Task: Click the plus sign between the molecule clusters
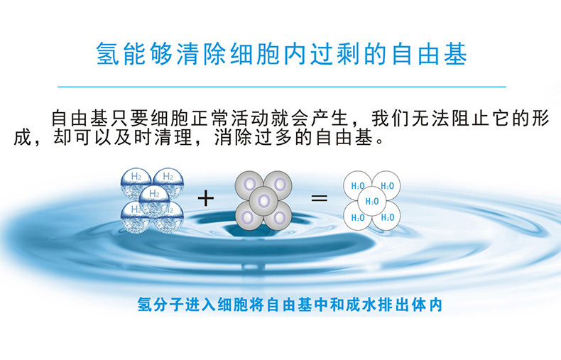pos(206,198)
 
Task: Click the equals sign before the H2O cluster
pos(319,198)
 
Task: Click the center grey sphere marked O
pos(263,201)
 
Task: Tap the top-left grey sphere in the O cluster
pos(249,185)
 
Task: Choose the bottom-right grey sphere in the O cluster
pos(278,216)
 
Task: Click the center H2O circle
pos(371,201)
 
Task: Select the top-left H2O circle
pos(357,185)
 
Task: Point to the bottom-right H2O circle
pos(386,216)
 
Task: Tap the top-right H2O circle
pos(386,185)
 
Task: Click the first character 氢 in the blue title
pos(108,54)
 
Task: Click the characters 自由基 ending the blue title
pos(430,54)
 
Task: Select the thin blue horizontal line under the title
pos(282,87)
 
